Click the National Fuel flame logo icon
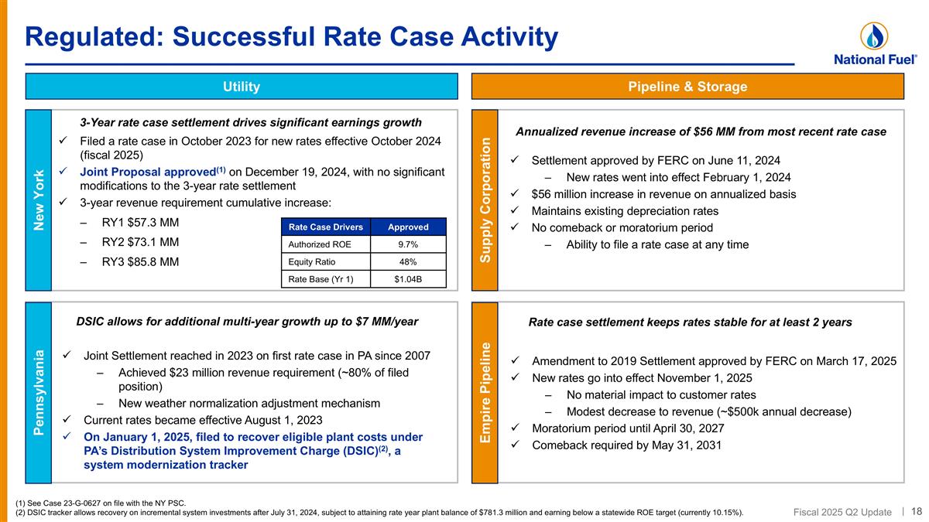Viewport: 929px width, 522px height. [874, 36]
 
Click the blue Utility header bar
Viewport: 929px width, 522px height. [242, 87]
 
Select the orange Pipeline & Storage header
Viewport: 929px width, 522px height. [687, 87]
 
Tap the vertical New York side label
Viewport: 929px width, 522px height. [39, 200]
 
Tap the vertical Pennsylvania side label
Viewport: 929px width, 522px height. [39, 393]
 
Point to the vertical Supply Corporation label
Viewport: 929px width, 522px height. [485, 200]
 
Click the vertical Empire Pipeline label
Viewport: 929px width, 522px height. [485, 393]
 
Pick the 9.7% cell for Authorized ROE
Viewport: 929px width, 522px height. [408, 244]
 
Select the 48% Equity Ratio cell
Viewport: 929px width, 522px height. [408, 261]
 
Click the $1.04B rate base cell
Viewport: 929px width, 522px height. [408, 279]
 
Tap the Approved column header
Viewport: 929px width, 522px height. [408, 227]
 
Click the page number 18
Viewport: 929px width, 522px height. [917, 511]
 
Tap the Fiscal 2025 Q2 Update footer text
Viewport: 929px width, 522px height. [842, 512]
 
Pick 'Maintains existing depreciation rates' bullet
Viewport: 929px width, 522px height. [625, 211]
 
